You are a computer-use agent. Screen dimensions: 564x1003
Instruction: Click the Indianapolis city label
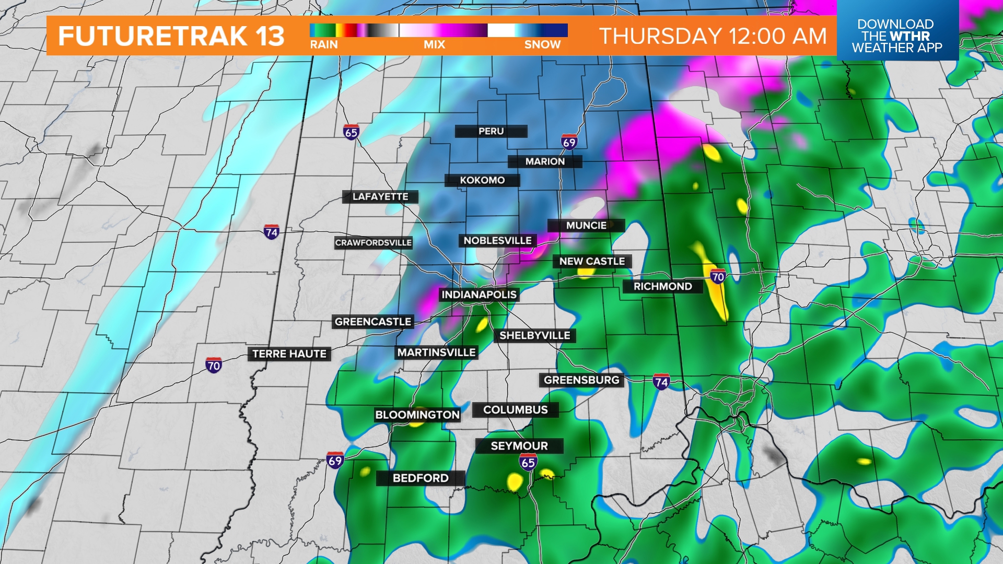pyautogui.click(x=479, y=295)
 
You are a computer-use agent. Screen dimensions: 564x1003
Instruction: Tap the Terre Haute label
pyautogui.click(x=289, y=354)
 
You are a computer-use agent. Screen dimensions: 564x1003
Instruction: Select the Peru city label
pyautogui.click(x=491, y=131)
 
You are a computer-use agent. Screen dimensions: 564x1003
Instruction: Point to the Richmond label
pyautogui.click(x=662, y=286)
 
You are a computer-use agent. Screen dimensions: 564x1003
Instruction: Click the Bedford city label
pyautogui.click(x=421, y=478)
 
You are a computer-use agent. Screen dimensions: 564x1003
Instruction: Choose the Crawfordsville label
pyautogui.click(x=373, y=243)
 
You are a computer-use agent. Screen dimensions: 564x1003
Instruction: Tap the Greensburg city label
pyautogui.click(x=581, y=380)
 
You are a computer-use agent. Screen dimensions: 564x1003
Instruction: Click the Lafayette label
pyautogui.click(x=380, y=197)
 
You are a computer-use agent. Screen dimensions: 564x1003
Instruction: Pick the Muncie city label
pyautogui.click(x=586, y=226)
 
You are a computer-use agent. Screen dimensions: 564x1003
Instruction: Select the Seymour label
pyautogui.click(x=519, y=446)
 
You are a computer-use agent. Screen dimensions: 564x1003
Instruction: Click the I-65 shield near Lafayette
pyautogui.click(x=351, y=132)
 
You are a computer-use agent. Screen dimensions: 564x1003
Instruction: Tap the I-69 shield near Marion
pyautogui.click(x=569, y=142)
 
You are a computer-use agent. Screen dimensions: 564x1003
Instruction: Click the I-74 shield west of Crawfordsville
pyautogui.click(x=271, y=232)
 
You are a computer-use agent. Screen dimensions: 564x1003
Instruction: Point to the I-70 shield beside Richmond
pyautogui.click(x=718, y=276)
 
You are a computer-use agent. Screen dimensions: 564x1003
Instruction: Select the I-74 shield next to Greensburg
pyautogui.click(x=661, y=382)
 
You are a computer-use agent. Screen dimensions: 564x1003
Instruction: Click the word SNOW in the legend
pyautogui.click(x=542, y=45)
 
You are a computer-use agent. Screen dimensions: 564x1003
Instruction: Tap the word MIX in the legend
pyautogui.click(x=434, y=45)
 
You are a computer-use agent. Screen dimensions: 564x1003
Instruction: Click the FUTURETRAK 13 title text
pyautogui.click(x=171, y=36)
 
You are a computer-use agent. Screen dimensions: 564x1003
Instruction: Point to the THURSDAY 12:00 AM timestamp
pyautogui.click(x=713, y=36)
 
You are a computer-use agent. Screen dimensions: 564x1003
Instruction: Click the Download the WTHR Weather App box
pyautogui.click(x=897, y=36)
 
